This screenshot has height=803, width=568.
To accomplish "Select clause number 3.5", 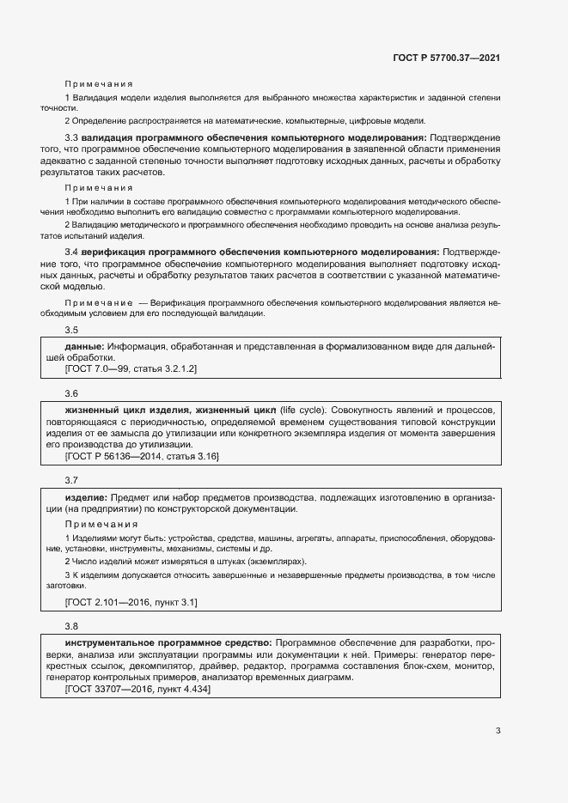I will click(71, 330).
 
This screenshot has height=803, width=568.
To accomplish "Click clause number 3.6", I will click(71, 392).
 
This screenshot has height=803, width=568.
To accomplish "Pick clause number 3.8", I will click(71, 625).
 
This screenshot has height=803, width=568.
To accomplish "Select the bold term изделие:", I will click(86, 497).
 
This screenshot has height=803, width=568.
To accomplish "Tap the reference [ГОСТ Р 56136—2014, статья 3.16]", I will click(141, 457).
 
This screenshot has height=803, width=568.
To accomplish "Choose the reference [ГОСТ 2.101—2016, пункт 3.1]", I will click(131, 603).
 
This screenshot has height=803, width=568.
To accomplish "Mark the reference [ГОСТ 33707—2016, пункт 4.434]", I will click(137, 689).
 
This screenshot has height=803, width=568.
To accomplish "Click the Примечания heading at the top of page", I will click(98, 84).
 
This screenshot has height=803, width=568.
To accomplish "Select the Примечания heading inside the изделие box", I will click(98, 523).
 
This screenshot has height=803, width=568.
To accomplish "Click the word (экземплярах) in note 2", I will click(272, 559).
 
